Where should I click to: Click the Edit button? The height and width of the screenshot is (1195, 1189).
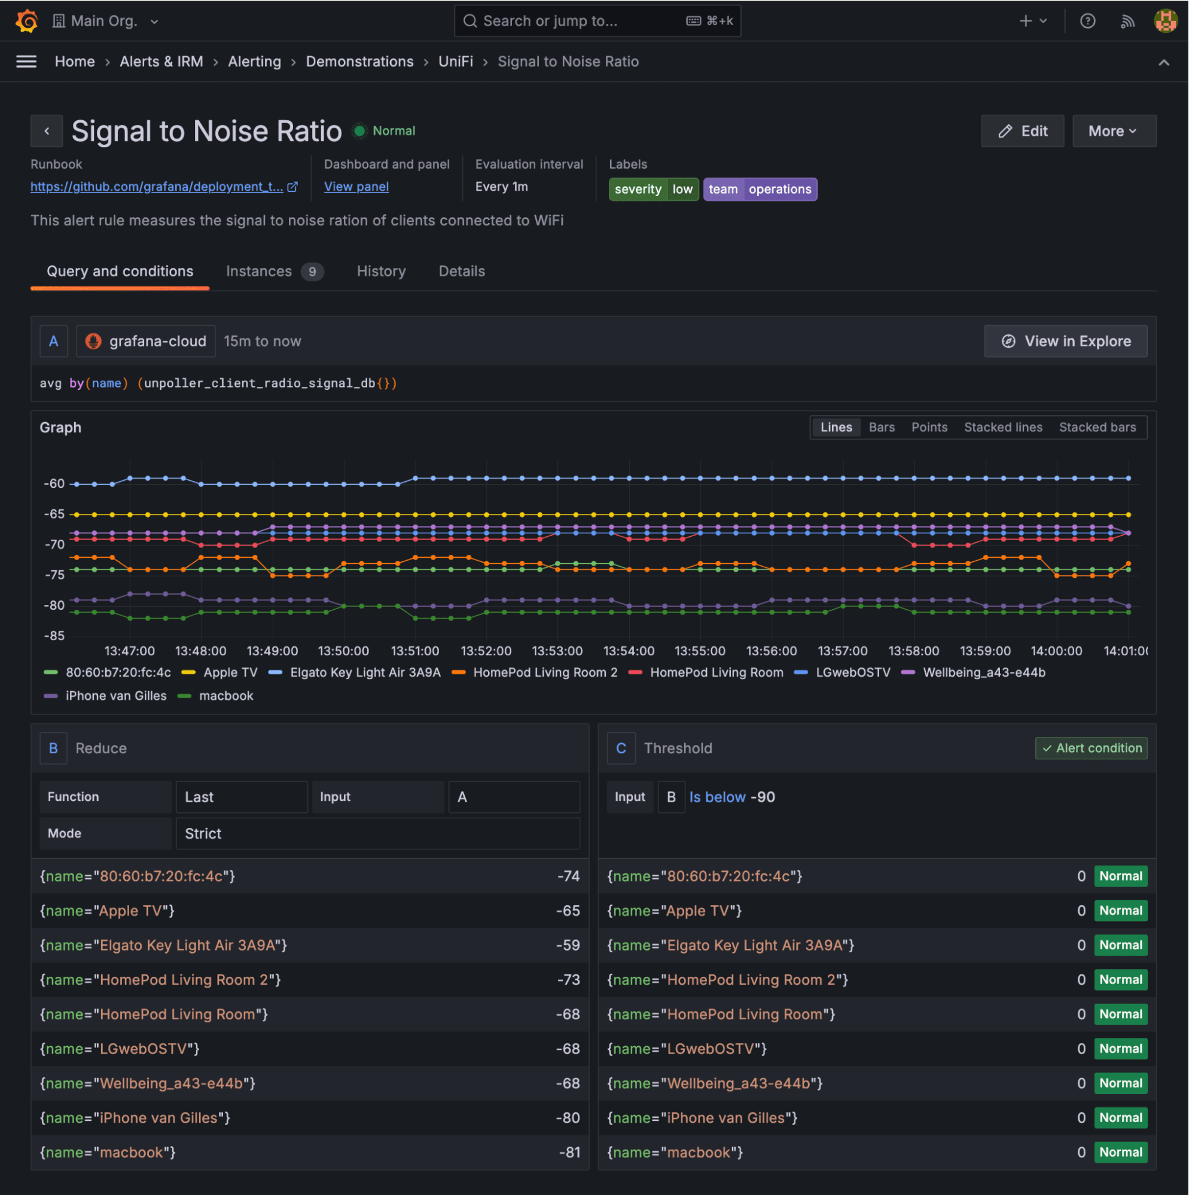(x=1022, y=131)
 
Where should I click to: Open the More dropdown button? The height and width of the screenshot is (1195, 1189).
(x=1113, y=131)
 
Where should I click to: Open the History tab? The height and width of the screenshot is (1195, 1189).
(x=381, y=271)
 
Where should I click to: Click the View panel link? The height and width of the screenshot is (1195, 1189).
(x=356, y=187)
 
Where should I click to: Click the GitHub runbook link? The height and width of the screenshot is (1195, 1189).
(x=157, y=187)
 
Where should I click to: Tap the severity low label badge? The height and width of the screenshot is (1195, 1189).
(x=653, y=190)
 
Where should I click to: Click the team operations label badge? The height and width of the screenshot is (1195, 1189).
(x=760, y=190)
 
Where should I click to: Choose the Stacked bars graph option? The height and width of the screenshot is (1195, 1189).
(x=1097, y=427)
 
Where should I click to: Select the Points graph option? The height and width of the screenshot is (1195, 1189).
(x=929, y=427)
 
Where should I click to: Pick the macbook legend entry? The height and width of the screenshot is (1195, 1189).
(x=225, y=696)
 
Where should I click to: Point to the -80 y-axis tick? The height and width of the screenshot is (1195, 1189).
(x=54, y=606)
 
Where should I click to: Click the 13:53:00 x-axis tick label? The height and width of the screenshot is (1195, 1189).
(x=557, y=652)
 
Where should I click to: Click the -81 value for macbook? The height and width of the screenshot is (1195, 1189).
(x=569, y=1153)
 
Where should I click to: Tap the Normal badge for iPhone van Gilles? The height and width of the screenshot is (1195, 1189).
(x=1120, y=1118)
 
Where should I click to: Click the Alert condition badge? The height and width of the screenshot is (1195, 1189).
(x=1090, y=748)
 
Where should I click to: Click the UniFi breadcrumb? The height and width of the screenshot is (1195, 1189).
(x=456, y=62)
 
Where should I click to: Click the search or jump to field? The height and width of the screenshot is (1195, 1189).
(x=575, y=21)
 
